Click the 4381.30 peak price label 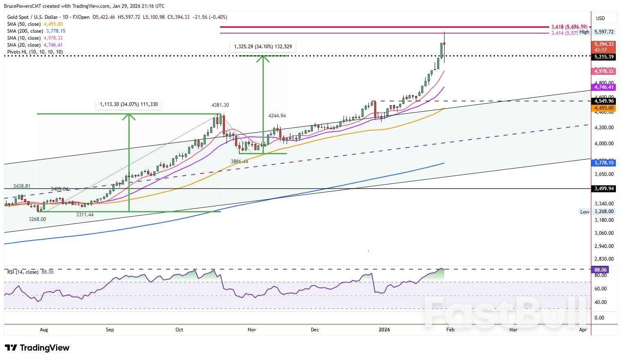(220, 105)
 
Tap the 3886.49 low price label (239, 162)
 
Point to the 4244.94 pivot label (277, 116)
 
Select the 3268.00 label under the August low (37, 219)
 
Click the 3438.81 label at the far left (22, 186)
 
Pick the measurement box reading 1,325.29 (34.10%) (263, 47)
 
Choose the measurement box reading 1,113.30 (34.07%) (128, 105)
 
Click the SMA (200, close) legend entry (36, 31)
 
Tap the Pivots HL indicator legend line (35, 52)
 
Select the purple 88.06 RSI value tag (600, 270)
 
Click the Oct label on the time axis (179, 330)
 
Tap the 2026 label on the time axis (384, 330)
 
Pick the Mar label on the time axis (513, 330)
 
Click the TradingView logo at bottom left (38, 348)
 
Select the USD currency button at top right (600, 18)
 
